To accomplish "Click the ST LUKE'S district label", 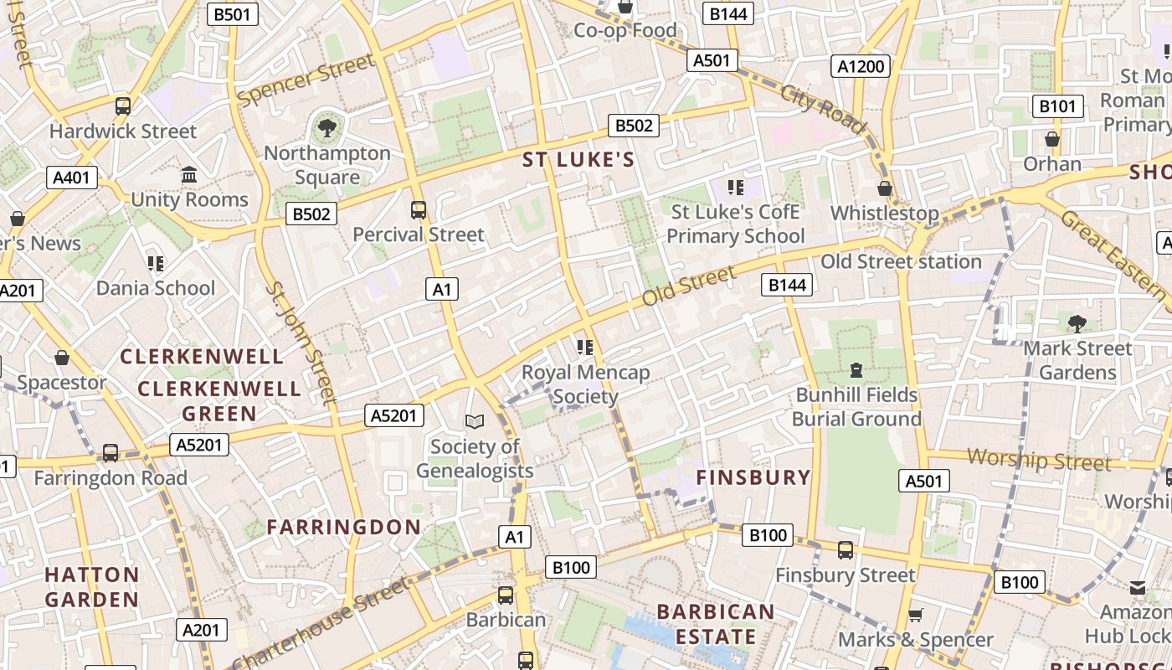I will pyautogui.click(x=578, y=159).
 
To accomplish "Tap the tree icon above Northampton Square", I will pyautogui.click(x=326, y=128).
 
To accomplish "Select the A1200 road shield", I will pyautogui.click(x=861, y=66).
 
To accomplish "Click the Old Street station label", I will pyautogui.click(x=901, y=261).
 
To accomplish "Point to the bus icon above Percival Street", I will pyautogui.click(x=418, y=210).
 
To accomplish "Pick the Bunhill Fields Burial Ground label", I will pyautogui.click(x=856, y=406).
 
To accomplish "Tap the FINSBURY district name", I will pyautogui.click(x=753, y=477).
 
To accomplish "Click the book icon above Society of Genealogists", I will pyautogui.click(x=475, y=422).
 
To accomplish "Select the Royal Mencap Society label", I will pyautogui.click(x=585, y=384).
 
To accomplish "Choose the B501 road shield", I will pyautogui.click(x=232, y=14).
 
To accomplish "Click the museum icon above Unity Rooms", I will pyautogui.click(x=189, y=175).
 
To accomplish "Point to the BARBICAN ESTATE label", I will pyautogui.click(x=716, y=624).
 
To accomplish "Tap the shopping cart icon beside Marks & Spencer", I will pyautogui.click(x=916, y=615).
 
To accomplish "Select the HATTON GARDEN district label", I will pyautogui.click(x=92, y=586).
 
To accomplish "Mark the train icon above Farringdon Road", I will pyautogui.click(x=111, y=453).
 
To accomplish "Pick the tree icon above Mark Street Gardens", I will pyautogui.click(x=1077, y=323).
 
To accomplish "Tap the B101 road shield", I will pyautogui.click(x=1058, y=106).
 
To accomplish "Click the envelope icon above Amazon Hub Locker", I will pyautogui.click(x=1138, y=588).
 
